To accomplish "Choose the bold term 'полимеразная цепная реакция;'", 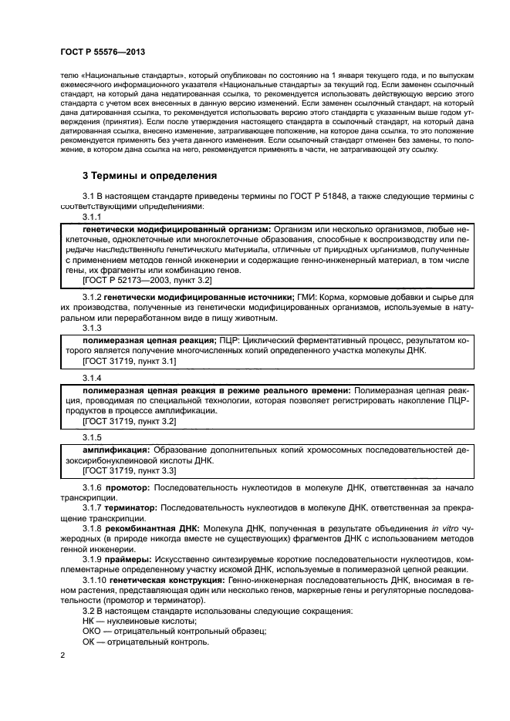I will click(x=147, y=340).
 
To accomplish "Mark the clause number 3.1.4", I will click(x=92, y=379).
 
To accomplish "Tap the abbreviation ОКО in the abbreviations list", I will click(x=93, y=630).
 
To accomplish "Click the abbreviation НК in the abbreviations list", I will click(x=89, y=620).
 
